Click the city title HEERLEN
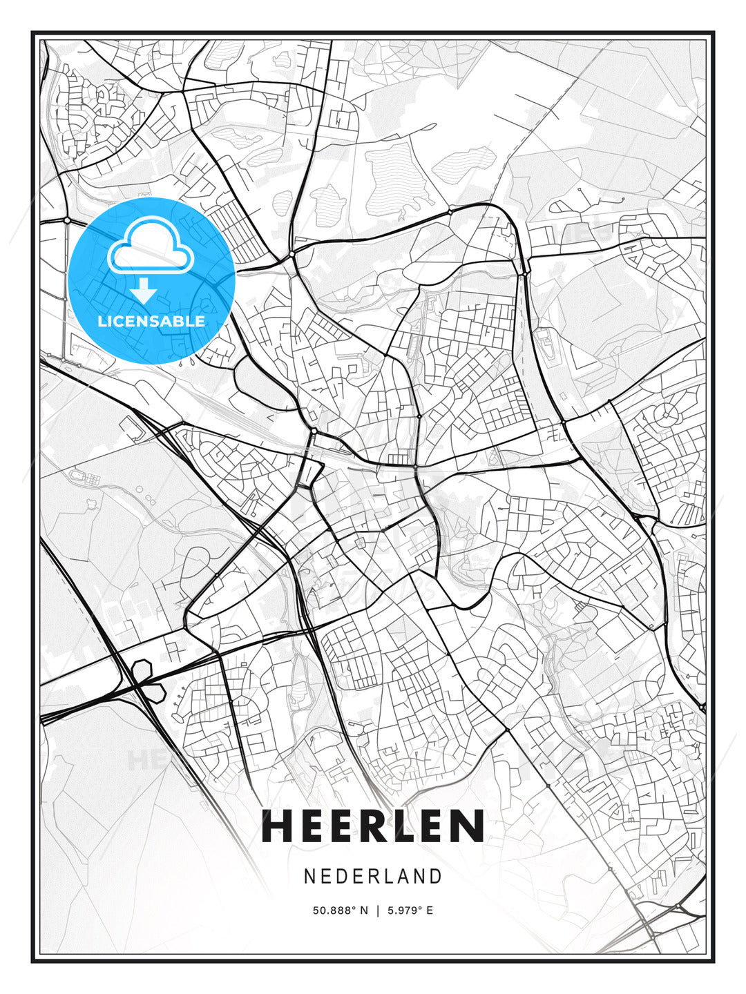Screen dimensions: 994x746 372,826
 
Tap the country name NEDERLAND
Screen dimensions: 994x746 372,876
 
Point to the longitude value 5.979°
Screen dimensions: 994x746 404,910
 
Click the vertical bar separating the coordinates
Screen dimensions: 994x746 378,910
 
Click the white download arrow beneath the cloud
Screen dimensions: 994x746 144,291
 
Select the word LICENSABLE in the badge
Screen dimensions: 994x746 151,321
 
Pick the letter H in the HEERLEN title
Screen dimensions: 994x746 279,826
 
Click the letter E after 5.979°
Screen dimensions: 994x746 430,910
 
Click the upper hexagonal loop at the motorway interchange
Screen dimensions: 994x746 142,669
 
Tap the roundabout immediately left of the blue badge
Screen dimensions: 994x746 67,220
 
